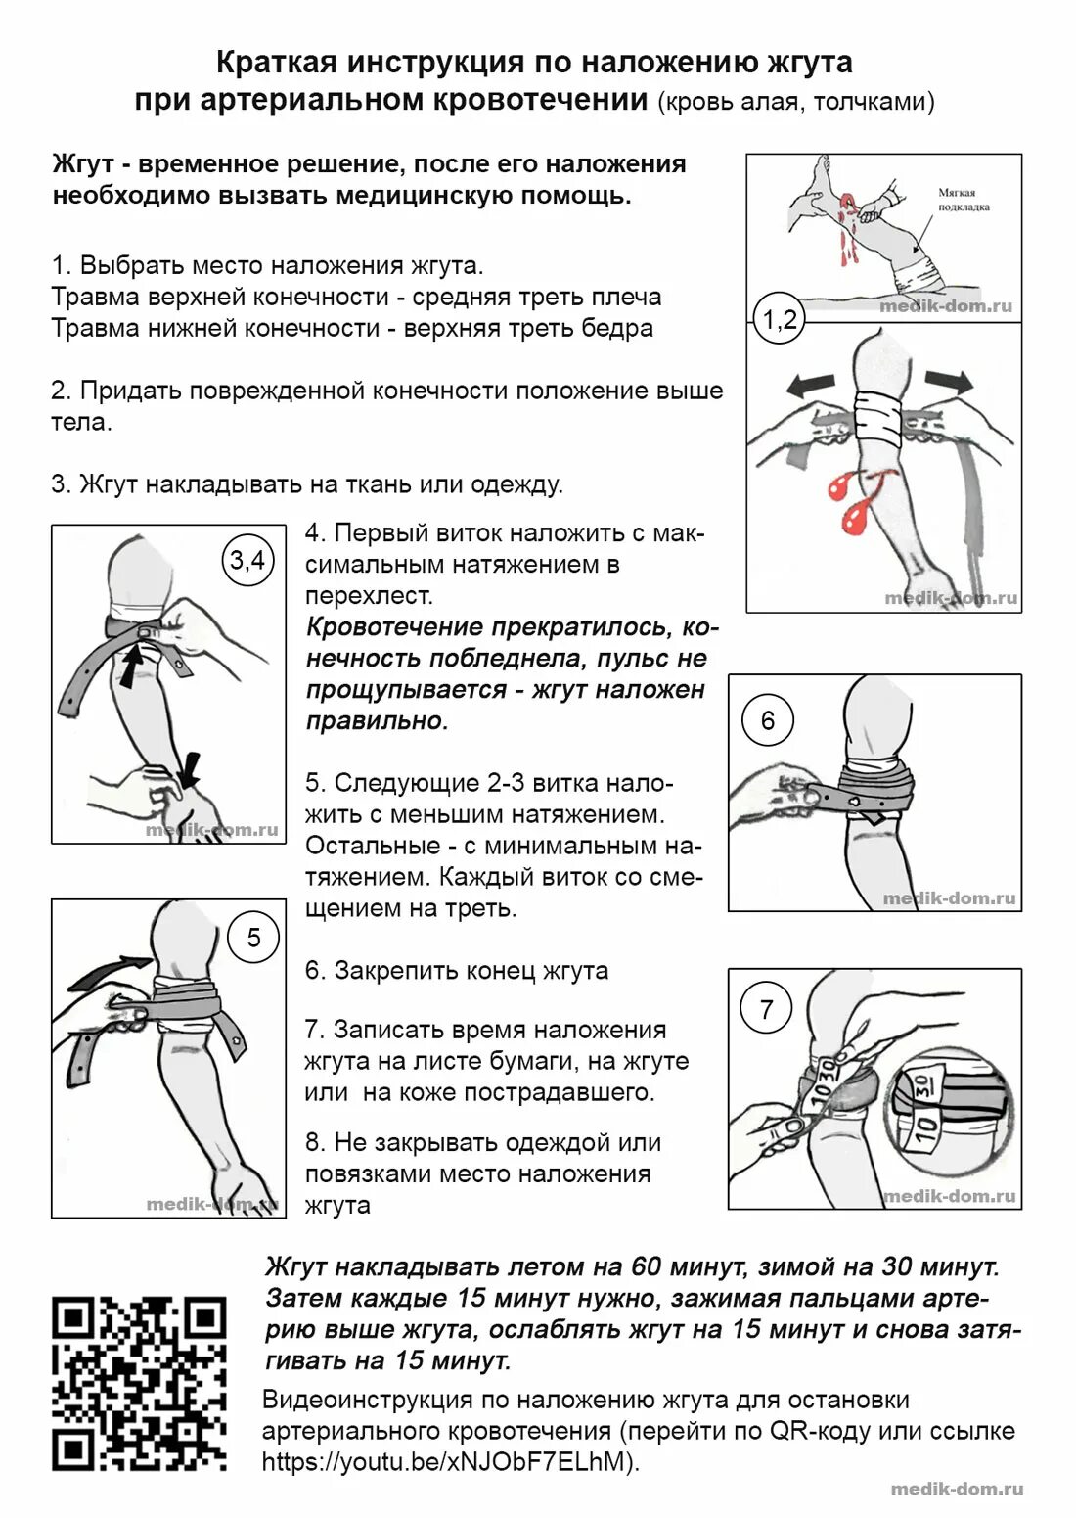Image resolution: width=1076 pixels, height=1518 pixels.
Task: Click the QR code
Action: click(x=139, y=1383)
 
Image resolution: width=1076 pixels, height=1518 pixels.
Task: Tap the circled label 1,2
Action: click(x=779, y=319)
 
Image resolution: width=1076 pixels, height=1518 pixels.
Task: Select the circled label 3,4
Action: click(x=247, y=560)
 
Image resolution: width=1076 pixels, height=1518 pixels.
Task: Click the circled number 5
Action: click(x=253, y=938)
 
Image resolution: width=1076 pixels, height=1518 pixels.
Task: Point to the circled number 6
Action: click(x=767, y=720)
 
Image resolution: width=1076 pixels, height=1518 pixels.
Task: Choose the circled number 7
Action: click(x=766, y=1009)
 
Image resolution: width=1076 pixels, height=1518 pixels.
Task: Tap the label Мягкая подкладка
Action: click(x=963, y=200)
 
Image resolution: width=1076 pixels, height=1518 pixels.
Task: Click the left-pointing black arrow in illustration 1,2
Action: click(x=811, y=386)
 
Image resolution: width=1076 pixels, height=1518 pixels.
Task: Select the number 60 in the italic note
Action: click(x=646, y=1266)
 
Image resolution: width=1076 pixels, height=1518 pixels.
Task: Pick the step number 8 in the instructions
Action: click(x=313, y=1142)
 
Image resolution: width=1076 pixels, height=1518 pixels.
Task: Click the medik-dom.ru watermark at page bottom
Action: click(x=956, y=1488)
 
